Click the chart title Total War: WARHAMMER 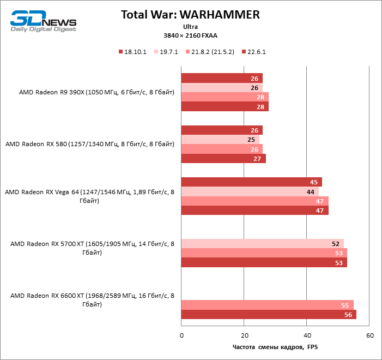pos(190,15)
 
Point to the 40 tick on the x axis pos(307,335)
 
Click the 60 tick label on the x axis pos(369,335)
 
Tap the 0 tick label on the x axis pos(181,335)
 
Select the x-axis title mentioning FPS pos(275,347)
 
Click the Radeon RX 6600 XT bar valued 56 pos(269,315)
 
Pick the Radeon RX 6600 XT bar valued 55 pos(267,305)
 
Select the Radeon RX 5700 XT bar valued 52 pos(262,243)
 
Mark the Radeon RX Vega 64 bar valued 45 pos(251,182)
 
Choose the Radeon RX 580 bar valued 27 pos(223,159)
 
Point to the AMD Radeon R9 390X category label pos(96,92)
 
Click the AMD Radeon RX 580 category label pos(90,144)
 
